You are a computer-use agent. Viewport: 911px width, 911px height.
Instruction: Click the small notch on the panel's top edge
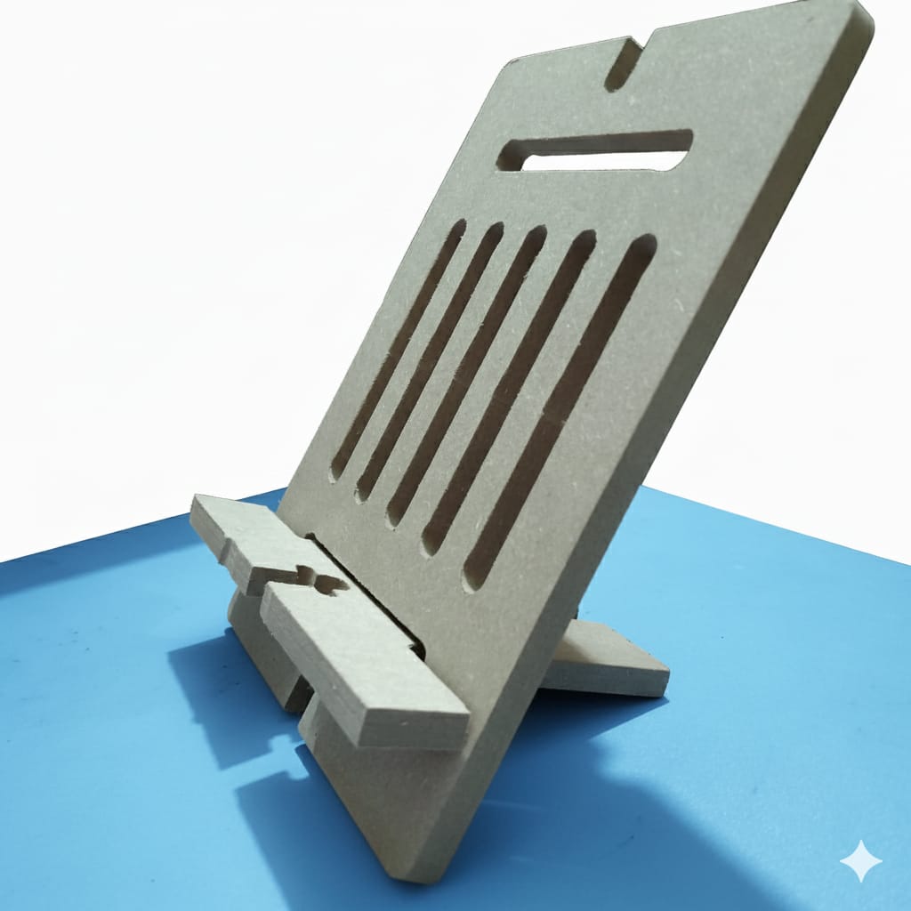pos(625,64)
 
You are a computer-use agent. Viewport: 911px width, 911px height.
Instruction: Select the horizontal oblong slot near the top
pos(594,150)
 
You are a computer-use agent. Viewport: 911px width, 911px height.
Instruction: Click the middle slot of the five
pos(467,375)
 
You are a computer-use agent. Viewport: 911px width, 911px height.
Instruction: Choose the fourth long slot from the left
pos(509,391)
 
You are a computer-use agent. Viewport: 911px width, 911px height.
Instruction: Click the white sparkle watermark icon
pos(860,860)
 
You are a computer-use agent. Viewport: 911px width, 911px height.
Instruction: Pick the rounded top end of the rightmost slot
pos(642,245)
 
